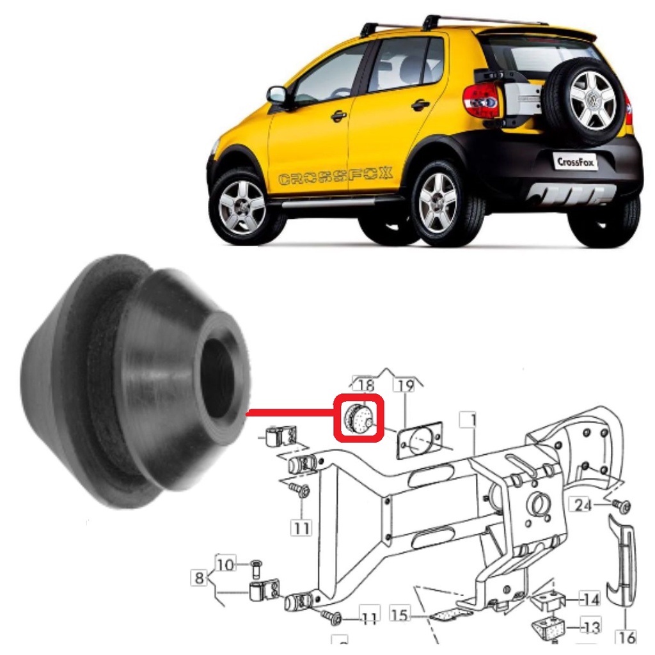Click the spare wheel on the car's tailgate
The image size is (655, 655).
pyautogui.click(x=586, y=102)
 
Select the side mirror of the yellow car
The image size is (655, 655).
pyautogui.click(x=276, y=96)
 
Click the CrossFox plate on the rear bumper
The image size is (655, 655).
pyautogui.click(x=575, y=162)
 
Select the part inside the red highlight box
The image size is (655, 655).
pyautogui.click(x=358, y=418)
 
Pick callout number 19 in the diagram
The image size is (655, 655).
pyautogui.click(x=404, y=384)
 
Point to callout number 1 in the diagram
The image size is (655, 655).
pyautogui.click(x=469, y=420)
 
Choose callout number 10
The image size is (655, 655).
pyautogui.click(x=226, y=564)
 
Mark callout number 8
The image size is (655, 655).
pyautogui.click(x=199, y=578)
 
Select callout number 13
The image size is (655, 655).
pyautogui.click(x=590, y=627)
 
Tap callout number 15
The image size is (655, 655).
pyautogui.click(x=399, y=615)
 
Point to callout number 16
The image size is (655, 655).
pyautogui.click(x=626, y=637)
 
